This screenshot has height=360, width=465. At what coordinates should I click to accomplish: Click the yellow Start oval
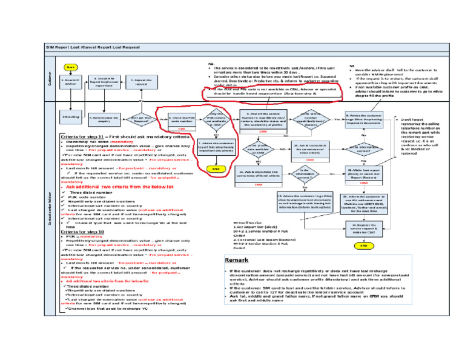(x=70, y=67)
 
